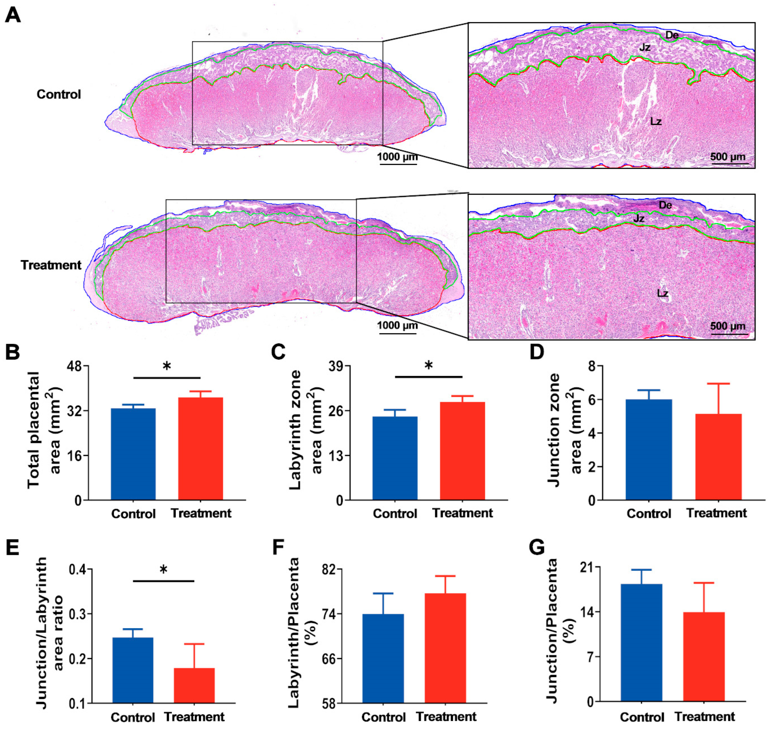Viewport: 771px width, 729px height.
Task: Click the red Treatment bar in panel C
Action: pyautogui.click(x=462, y=451)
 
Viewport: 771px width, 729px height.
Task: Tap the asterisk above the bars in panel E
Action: pyautogui.click(x=164, y=570)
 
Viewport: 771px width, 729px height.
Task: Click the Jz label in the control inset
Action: pyautogui.click(x=645, y=47)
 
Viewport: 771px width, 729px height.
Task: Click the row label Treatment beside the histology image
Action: pyautogui.click(x=51, y=265)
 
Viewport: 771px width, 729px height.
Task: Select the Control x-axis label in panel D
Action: pyautogui.click(x=649, y=513)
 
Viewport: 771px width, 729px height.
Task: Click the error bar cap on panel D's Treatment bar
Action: pyautogui.click(x=718, y=384)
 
